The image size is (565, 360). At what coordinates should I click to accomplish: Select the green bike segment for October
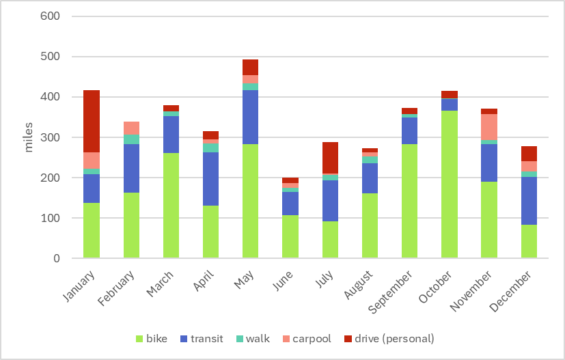[x=449, y=184]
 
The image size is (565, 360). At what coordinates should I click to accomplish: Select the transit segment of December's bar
[x=529, y=201]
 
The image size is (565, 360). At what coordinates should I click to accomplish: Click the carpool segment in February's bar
[x=131, y=128]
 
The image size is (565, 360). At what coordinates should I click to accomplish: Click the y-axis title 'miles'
[x=29, y=137]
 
